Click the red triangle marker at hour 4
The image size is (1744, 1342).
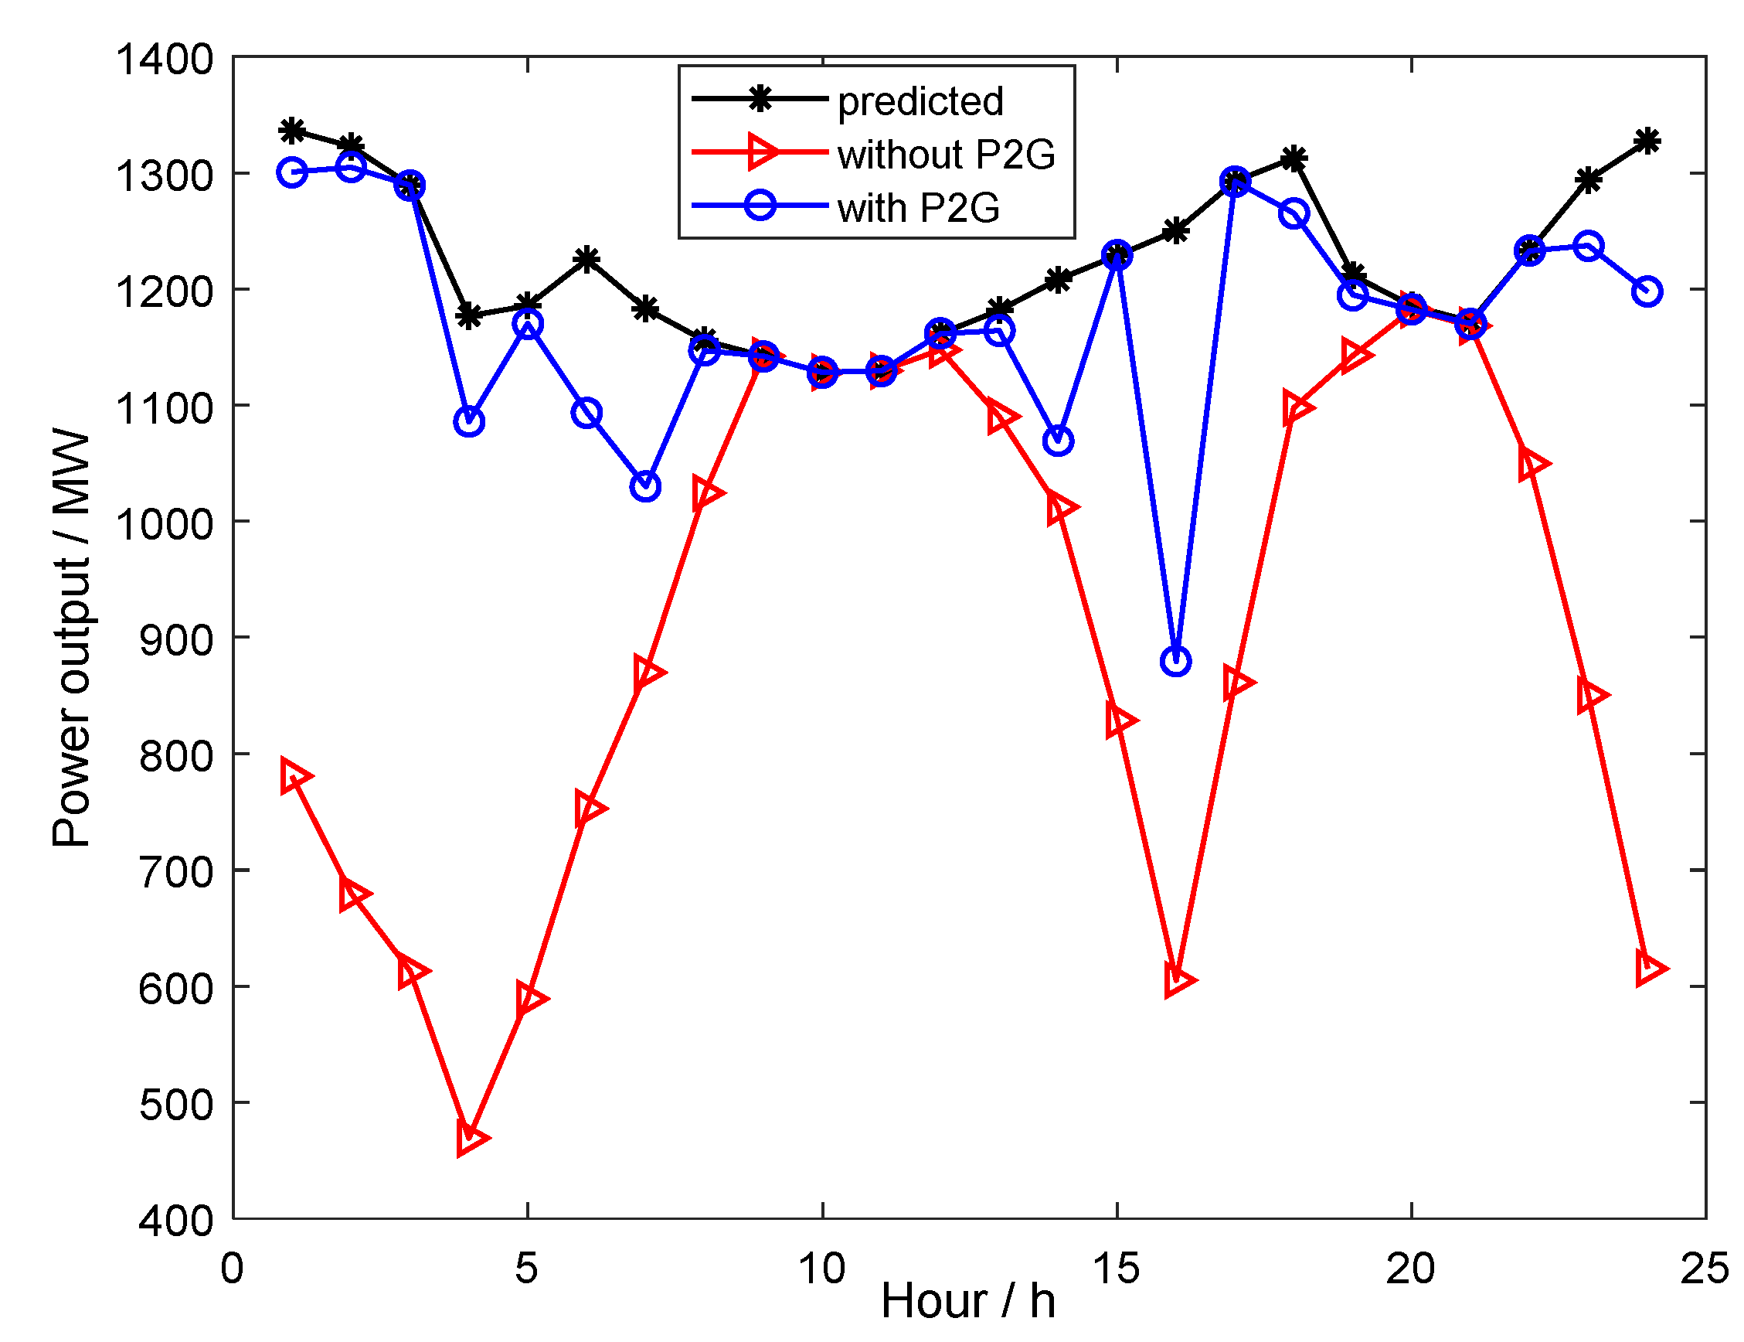coord(471,1137)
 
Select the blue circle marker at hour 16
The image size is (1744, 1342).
coord(1175,662)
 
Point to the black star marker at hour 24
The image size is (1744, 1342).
coord(1647,141)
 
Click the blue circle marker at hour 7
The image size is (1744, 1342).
coord(645,486)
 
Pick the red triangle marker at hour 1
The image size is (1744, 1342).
coord(294,776)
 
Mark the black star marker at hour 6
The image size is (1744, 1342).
coord(587,259)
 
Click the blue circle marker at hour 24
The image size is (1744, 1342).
coord(1647,291)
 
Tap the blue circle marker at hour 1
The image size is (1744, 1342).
coord(292,172)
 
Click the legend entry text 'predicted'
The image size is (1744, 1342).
coord(920,101)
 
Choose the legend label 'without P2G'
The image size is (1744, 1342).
coord(946,154)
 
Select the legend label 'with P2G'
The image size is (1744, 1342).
coord(918,209)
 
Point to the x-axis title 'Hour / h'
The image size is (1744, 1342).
coord(968,1300)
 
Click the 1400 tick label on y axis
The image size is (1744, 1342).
coord(165,60)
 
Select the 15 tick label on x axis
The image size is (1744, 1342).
coord(1117,1269)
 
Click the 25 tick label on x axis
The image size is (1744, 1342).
coord(1704,1269)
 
